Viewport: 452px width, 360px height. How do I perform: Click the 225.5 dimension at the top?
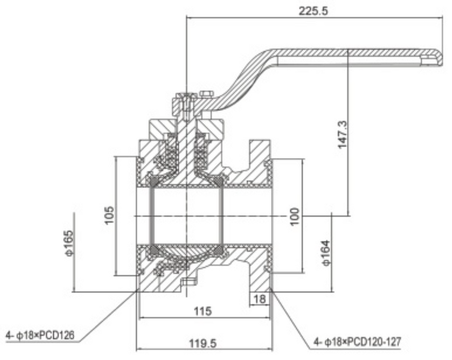click(x=314, y=10)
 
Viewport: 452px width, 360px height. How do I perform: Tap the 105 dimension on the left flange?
click(x=109, y=215)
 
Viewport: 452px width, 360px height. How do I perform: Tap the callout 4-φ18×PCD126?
click(x=40, y=336)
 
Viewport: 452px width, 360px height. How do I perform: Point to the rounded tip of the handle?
click(x=438, y=58)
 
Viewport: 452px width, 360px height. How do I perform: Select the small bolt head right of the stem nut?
click(x=206, y=94)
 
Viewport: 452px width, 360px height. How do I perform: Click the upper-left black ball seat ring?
click(x=153, y=181)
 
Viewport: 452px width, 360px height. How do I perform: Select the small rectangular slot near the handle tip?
click(x=426, y=61)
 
